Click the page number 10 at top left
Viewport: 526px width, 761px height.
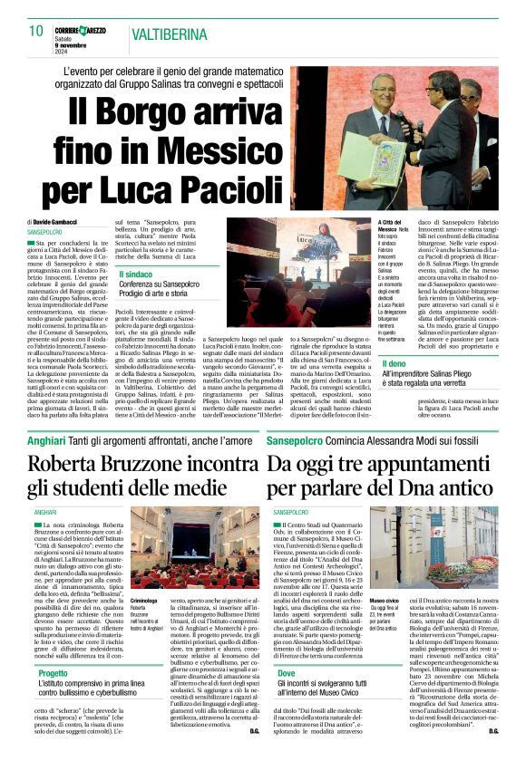[x=35, y=31]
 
